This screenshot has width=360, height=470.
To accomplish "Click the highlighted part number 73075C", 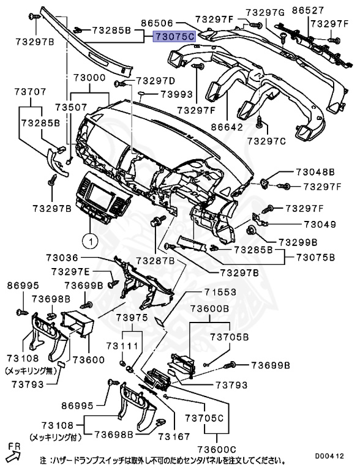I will [x=174, y=37].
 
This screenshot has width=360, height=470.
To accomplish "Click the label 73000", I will [x=89, y=79].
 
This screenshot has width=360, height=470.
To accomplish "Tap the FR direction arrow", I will [x=13, y=452].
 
